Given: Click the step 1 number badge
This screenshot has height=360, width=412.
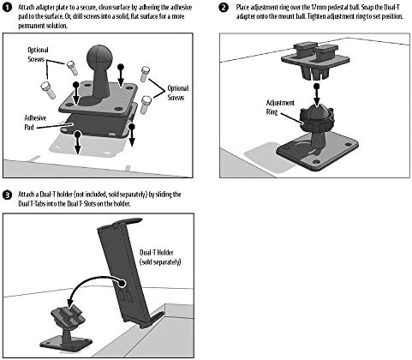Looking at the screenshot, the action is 7,8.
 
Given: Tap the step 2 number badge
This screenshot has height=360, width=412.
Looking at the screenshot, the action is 224,8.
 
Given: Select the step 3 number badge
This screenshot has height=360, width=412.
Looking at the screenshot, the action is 7,195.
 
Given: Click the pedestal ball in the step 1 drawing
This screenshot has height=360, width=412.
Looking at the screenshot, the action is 98,57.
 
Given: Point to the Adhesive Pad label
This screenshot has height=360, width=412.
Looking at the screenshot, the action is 35,123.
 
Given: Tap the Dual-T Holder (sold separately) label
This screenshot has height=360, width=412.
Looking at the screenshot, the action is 160,257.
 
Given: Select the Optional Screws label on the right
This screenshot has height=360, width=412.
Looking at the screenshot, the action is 177,93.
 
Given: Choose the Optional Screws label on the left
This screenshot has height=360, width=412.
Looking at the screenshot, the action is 38,54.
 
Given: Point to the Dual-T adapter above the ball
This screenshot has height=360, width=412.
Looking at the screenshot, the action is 315,61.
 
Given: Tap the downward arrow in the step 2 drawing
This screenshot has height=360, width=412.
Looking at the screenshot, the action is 316,94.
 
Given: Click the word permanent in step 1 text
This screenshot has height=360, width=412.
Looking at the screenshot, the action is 31,26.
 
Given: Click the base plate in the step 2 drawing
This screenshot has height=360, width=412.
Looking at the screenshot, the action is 317,152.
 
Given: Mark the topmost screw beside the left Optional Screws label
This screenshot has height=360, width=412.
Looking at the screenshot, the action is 72,68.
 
